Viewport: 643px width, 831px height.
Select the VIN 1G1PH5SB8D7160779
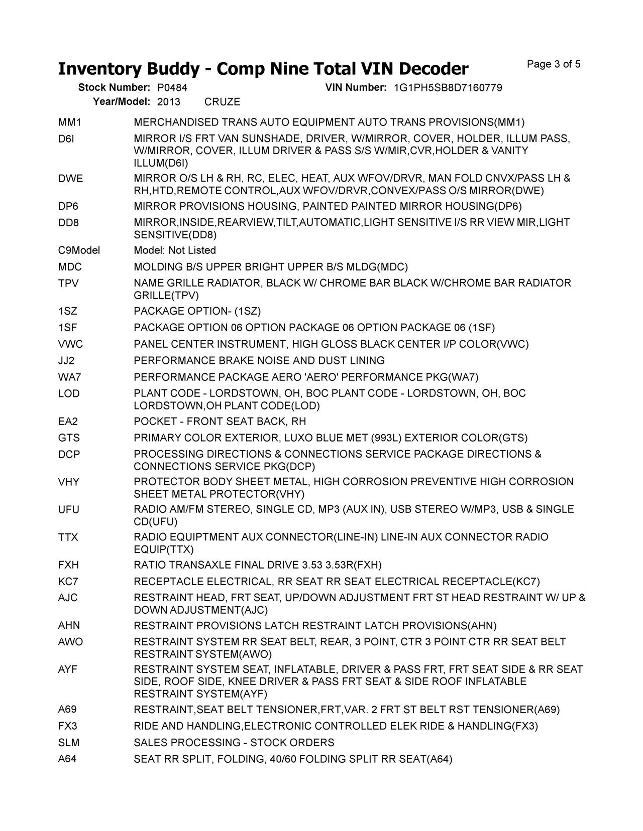448,88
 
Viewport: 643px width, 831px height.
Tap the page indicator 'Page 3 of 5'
554,64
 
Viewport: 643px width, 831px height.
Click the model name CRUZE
223,102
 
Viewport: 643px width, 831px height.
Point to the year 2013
169,102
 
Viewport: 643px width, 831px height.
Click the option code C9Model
79,250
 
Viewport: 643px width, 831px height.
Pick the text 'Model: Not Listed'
175,250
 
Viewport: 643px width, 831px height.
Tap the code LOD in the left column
69,393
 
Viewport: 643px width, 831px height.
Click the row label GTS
69,438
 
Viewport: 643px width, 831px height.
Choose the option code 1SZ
68,311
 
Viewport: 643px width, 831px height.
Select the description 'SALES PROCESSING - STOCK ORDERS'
234,743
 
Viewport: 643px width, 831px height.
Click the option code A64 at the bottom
67,759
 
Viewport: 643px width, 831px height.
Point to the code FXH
68,566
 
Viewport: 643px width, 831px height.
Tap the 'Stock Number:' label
114,88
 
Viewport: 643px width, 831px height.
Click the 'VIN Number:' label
356,88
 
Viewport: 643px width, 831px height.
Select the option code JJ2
66,361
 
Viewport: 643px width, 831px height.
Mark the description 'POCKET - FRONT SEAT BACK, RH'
220,422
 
